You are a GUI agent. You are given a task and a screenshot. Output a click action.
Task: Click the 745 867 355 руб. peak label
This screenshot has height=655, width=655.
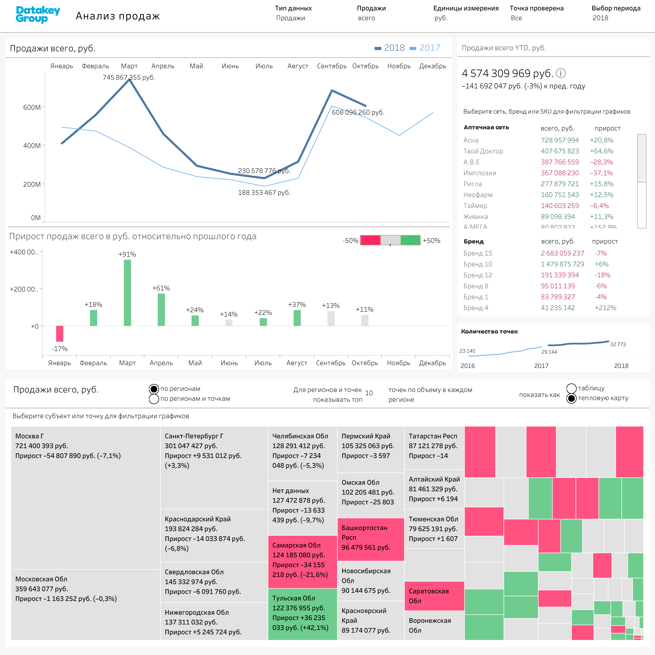point(129,77)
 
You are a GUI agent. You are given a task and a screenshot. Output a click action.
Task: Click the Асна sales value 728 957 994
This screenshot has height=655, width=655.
point(560,140)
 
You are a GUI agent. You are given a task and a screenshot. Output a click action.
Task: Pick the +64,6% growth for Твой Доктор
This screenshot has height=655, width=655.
point(601,151)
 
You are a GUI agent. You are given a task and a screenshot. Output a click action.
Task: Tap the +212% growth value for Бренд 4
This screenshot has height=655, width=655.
point(606,308)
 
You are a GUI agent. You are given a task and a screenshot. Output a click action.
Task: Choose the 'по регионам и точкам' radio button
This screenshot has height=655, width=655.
point(154,399)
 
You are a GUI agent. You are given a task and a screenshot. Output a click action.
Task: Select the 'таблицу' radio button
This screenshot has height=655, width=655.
point(572,388)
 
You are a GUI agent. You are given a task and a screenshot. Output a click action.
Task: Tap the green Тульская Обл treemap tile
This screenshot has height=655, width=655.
point(302,614)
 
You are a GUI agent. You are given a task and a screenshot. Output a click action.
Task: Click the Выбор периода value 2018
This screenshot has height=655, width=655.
point(601,18)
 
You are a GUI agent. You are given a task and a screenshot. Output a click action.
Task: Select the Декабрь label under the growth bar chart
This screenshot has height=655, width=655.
point(432,363)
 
